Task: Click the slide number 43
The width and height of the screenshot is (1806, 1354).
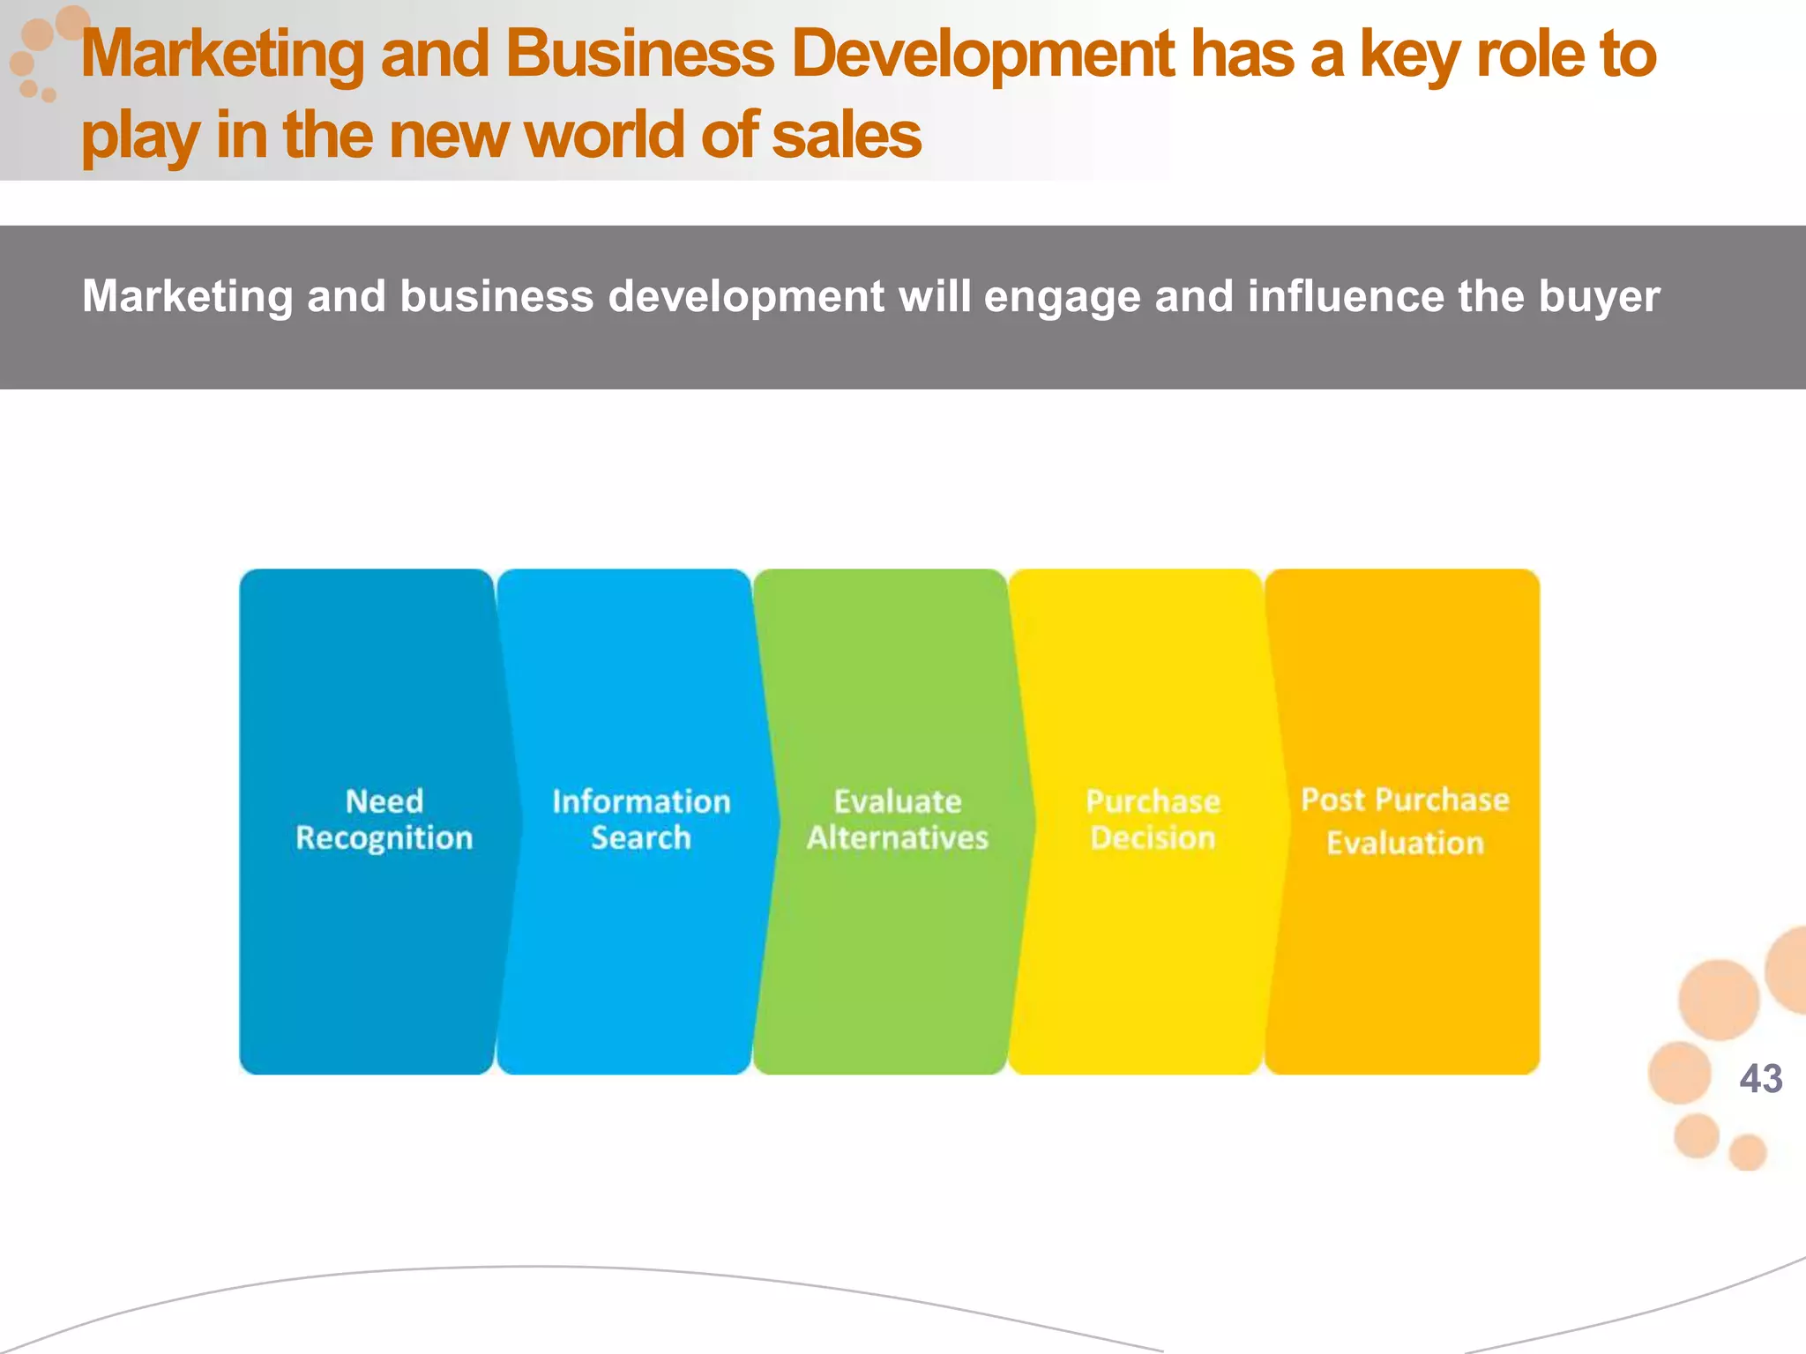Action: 1760,1079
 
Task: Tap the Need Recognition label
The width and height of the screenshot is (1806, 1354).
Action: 384,819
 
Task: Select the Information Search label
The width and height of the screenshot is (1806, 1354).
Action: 641,819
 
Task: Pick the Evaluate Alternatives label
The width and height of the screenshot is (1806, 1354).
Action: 898,819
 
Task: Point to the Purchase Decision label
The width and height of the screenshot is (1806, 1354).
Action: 1153,819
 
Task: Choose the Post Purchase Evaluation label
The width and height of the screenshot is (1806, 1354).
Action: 1405,821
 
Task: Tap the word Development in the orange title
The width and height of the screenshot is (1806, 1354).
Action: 982,55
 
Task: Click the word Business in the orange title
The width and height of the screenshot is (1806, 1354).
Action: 640,55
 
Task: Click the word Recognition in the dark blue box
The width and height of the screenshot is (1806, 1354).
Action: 384,838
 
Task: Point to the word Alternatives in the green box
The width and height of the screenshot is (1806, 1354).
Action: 898,837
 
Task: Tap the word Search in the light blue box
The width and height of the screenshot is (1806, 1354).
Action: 641,837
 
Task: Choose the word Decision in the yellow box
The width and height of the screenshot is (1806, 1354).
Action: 1153,837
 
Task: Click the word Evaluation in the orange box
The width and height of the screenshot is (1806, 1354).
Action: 1406,844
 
